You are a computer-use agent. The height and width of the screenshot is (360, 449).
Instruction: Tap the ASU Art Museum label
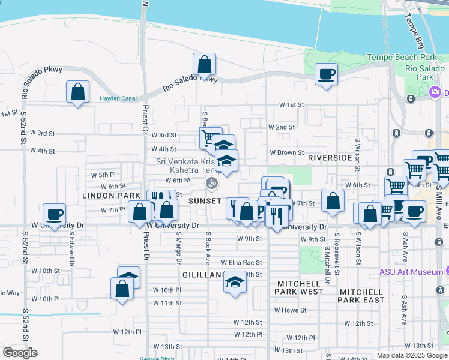click(411, 272)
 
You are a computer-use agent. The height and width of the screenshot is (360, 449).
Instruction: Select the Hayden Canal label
click(118, 98)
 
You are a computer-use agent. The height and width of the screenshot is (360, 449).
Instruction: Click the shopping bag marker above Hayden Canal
click(77, 92)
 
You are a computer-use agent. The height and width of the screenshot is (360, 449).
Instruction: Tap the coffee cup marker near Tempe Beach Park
click(326, 74)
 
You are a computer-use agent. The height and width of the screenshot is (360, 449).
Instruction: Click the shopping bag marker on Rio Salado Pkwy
click(204, 65)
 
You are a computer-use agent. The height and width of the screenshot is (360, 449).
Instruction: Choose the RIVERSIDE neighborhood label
click(330, 158)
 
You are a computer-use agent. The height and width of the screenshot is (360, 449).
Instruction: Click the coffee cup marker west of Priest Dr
click(55, 215)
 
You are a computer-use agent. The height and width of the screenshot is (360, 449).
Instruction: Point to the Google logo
click(20, 353)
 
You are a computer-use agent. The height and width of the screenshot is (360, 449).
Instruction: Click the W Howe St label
click(291, 310)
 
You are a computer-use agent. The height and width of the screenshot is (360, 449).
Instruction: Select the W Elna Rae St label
click(241, 262)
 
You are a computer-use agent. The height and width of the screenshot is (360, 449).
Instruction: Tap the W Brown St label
click(286, 153)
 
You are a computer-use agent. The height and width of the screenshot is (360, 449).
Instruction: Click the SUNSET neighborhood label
click(205, 200)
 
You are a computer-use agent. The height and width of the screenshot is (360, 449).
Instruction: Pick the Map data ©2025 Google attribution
click(411, 355)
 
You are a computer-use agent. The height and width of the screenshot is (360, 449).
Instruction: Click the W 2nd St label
click(282, 127)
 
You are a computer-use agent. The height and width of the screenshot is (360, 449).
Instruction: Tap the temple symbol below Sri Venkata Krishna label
click(211, 182)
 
